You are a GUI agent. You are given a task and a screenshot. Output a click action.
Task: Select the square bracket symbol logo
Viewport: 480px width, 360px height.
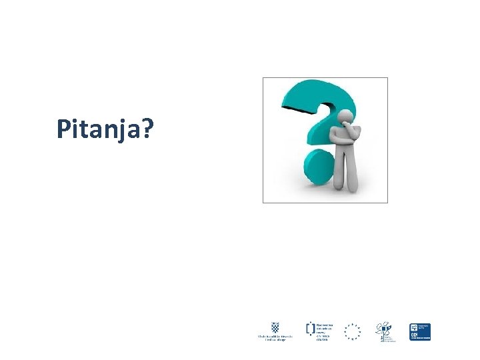click(x=310, y=328)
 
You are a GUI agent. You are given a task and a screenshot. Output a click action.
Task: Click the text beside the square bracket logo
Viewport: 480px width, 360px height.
click(x=323, y=331)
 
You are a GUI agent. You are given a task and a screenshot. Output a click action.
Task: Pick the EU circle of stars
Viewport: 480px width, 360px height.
click(x=352, y=331)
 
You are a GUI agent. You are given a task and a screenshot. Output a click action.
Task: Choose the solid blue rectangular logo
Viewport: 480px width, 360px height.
click(x=420, y=331)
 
